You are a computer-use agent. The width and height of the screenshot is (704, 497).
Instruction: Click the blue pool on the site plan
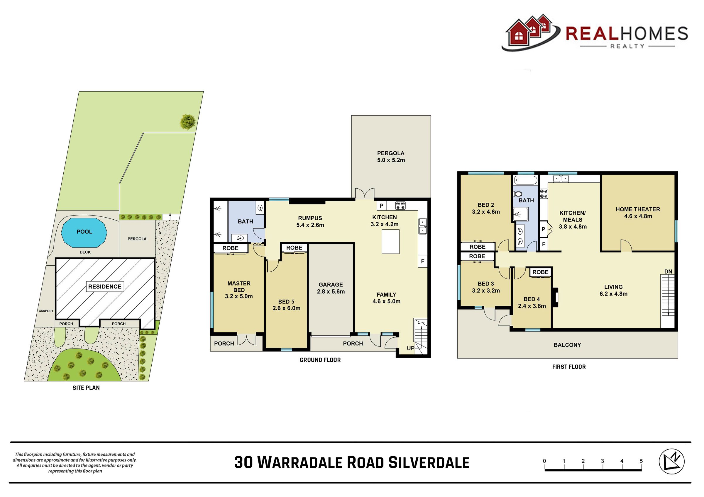click(x=84, y=233)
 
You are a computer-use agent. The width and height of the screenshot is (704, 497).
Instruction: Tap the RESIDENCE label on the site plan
click(x=104, y=287)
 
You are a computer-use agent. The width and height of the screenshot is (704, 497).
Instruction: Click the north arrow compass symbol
click(x=671, y=462)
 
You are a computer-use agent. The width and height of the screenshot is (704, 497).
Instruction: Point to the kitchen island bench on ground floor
click(x=390, y=242)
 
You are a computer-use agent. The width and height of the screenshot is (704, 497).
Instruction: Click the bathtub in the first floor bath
click(x=526, y=180)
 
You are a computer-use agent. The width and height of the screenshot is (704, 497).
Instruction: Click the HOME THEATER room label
click(x=638, y=213)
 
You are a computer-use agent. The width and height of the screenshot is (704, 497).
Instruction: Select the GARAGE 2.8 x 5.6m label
click(x=331, y=288)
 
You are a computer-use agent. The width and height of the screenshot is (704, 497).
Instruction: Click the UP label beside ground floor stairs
click(x=411, y=348)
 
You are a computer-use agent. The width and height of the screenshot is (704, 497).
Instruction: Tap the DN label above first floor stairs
click(x=668, y=271)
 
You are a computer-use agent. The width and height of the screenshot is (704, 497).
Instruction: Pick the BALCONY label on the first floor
click(x=567, y=345)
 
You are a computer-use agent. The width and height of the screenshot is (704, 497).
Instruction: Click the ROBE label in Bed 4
click(x=540, y=272)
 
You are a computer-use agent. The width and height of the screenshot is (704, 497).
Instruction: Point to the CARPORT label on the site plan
click(x=46, y=311)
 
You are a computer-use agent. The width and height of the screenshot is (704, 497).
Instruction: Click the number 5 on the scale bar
click(x=641, y=461)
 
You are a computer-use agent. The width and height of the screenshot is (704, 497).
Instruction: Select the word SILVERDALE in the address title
click(x=429, y=462)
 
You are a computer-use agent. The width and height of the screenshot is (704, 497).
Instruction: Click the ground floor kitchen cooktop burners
click(x=400, y=205)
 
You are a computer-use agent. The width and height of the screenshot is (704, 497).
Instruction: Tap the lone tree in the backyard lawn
click(x=188, y=122)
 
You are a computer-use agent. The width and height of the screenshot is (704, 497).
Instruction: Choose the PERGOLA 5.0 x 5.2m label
click(x=391, y=156)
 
